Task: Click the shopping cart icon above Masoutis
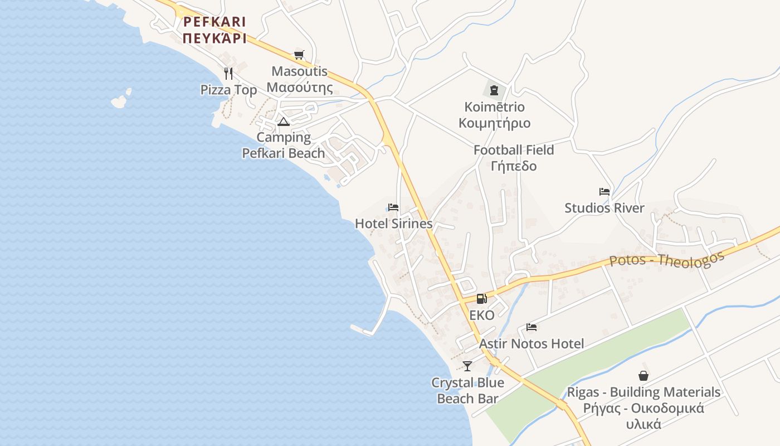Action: click(x=299, y=55)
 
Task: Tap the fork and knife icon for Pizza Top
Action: click(x=228, y=73)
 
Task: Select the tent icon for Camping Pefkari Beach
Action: click(x=284, y=122)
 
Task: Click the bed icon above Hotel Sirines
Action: click(x=393, y=207)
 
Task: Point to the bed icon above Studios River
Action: click(x=604, y=192)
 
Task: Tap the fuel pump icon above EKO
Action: click(x=481, y=299)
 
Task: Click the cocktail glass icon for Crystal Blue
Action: click(x=467, y=366)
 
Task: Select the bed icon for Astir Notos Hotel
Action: click(x=532, y=327)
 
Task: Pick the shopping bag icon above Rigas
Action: click(x=643, y=376)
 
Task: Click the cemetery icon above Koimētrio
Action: click(x=494, y=90)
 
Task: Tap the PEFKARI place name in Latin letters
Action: click(x=214, y=22)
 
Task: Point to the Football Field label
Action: click(x=514, y=150)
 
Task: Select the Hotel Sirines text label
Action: click(x=393, y=224)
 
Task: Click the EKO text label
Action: click(x=482, y=316)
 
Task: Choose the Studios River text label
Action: click(x=604, y=208)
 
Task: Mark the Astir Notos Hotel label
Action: click(x=532, y=343)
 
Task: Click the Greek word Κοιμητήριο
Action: click(x=494, y=123)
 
